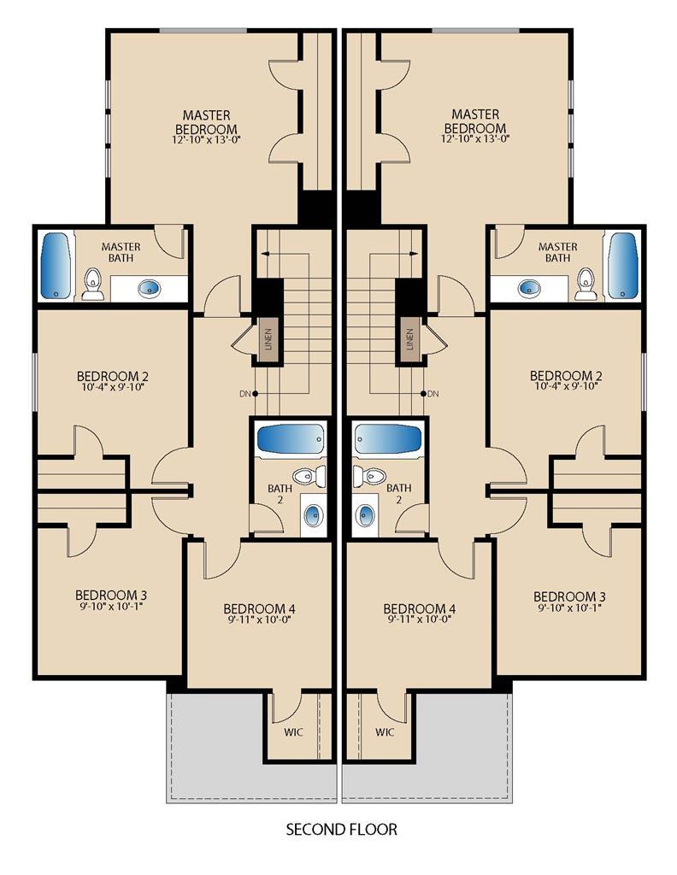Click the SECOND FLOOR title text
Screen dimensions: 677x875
point(342,829)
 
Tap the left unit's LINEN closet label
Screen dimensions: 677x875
point(268,338)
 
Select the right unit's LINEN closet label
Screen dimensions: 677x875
point(410,338)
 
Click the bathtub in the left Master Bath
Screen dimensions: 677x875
point(56,266)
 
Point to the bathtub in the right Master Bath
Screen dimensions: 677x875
point(622,266)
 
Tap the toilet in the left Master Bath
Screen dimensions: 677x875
point(92,284)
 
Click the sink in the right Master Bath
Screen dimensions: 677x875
point(529,289)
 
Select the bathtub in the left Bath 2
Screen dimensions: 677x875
point(291,441)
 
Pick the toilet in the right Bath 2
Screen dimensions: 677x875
point(369,477)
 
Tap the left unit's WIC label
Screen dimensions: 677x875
point(293,732)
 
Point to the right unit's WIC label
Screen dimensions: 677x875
point(385,732)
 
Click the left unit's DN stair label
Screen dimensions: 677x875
point(244,394)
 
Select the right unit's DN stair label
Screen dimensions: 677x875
point(433,394)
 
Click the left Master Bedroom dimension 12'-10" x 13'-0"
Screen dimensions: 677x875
point(207,139)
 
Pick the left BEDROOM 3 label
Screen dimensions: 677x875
point(110,596)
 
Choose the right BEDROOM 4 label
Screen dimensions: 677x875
point(419,608)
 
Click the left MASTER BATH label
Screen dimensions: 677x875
point(121,252)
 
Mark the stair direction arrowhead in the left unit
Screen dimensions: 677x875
point(265,254)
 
